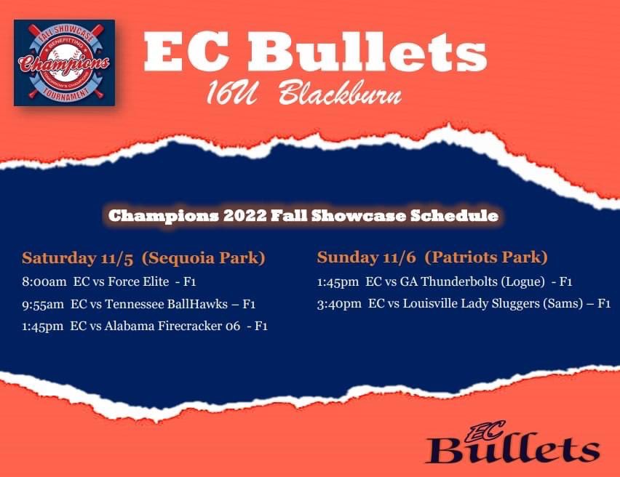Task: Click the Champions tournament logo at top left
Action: pos(64,63)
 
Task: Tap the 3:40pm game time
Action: pos(340,303)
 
